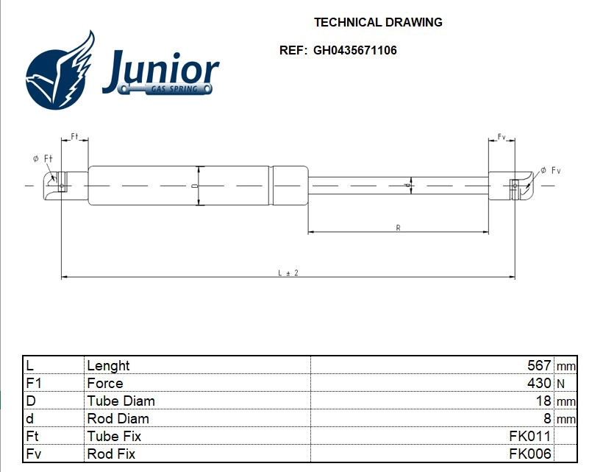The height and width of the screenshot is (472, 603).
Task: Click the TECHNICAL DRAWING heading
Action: coord(378,23)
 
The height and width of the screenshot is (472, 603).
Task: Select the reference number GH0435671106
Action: coord(354,51)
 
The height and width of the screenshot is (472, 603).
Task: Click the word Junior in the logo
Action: coord(160,71)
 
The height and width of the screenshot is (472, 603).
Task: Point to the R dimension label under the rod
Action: coord(398,228)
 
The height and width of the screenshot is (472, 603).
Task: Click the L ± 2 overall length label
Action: coord(288,272)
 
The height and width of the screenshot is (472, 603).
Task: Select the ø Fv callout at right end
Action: coord(550,171)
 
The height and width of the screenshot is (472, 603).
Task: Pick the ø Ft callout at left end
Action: coord(43,158)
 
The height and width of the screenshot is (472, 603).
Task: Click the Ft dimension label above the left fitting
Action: coord(74,137)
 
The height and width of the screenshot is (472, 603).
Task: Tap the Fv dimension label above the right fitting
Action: coord(502,137)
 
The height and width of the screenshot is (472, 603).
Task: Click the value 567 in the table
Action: coord(539,366)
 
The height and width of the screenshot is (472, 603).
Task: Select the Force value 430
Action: coord(539,384)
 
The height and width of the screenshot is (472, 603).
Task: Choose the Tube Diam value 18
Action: coord(543,401)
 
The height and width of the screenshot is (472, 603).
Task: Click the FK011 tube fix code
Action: coord(529,437)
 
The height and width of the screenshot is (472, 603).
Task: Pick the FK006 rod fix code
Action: coord(529,454)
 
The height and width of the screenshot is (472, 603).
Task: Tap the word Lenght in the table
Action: coord(108,366)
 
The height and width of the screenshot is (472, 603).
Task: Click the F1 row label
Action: coord(33,384)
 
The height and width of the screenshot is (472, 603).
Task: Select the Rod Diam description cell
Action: coord(118,419)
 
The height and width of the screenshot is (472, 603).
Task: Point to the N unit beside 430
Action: coord(561,384)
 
